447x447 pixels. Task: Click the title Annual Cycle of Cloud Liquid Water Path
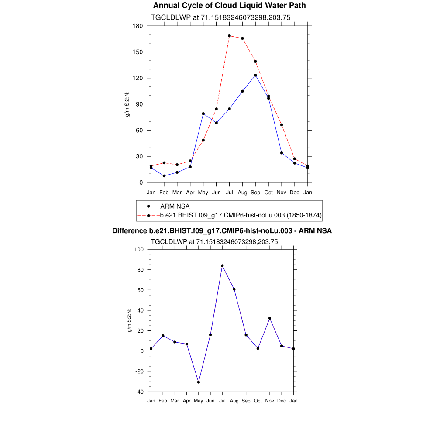click(229, 6)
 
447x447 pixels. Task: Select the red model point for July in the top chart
click(229, 36)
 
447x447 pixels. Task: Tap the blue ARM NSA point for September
click(255, 75)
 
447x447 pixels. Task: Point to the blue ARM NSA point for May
click(203, 113)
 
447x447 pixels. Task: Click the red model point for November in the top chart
click(282, 125)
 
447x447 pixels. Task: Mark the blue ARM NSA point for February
click(164, 176)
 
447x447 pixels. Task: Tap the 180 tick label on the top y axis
click(138, 26)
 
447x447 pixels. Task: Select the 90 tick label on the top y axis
click(140, 104)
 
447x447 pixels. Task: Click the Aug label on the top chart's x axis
click(242, 193)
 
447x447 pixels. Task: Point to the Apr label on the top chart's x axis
click(190, 193)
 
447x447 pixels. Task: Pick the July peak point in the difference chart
click(222, 265)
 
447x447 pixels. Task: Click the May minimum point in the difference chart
click(199, 382)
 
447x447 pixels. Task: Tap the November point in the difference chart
click(270, 318)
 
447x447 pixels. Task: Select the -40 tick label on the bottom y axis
click(140, 392)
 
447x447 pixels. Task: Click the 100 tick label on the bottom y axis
click(139, 250)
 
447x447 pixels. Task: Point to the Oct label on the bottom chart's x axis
click(258, 401)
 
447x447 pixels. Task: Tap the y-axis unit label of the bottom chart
click(129, 321)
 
